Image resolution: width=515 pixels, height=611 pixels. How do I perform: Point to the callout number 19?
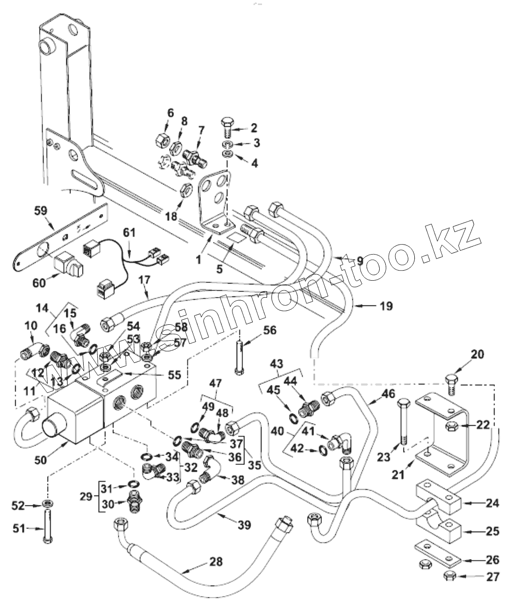point(387,305)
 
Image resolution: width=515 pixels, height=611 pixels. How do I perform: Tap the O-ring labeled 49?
point(194,427)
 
